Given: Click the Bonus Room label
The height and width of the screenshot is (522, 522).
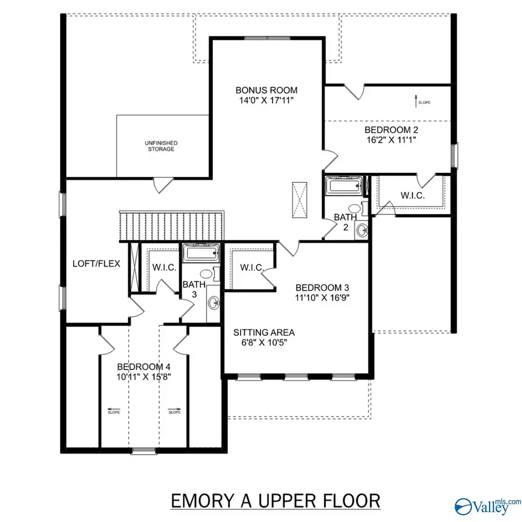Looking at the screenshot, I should click(266, 90).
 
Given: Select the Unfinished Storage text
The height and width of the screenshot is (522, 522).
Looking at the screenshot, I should click(161, 146).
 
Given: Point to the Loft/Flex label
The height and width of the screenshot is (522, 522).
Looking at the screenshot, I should click(96, 263).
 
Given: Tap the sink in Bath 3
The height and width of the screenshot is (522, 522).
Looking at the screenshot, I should click(213, 302).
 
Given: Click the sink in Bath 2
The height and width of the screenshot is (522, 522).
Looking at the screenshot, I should click(362, 229).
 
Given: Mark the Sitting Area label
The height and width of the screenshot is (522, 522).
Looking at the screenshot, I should click(264, 332).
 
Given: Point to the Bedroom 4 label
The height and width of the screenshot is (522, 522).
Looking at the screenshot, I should click(144, 367).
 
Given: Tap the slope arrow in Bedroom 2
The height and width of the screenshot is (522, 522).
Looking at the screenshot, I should click(419, 102).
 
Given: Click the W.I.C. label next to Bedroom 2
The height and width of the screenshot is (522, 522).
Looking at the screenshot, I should click(412, 195).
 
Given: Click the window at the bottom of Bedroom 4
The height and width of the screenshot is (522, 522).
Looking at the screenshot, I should click(143, 450).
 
